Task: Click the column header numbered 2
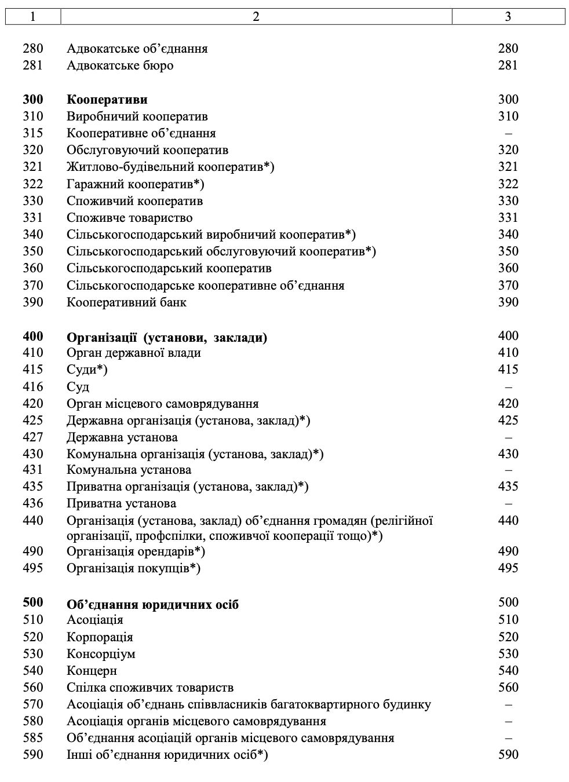256,16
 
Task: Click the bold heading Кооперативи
107,100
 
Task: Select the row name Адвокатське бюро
120,65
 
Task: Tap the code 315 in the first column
33,133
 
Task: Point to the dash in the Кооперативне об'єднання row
508,133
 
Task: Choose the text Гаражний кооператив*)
136,184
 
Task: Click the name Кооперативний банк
126,302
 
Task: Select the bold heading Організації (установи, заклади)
167,337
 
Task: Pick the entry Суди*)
87,370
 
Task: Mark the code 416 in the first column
33,386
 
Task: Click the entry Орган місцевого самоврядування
163,404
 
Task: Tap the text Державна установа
122,437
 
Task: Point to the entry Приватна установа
122,503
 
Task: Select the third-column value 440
508,520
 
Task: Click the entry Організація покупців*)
133,568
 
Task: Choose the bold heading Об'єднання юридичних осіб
152,605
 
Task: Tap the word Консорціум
101,654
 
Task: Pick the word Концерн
92,671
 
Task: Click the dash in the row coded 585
508,738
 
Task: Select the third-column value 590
508,755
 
